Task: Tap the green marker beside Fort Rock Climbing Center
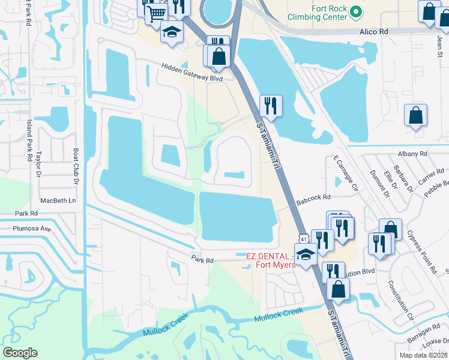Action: [355, 11]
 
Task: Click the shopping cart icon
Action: [156, 12]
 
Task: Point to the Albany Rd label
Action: [414, 154]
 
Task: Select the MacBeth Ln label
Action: [58, 200]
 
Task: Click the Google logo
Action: [20, 353]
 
